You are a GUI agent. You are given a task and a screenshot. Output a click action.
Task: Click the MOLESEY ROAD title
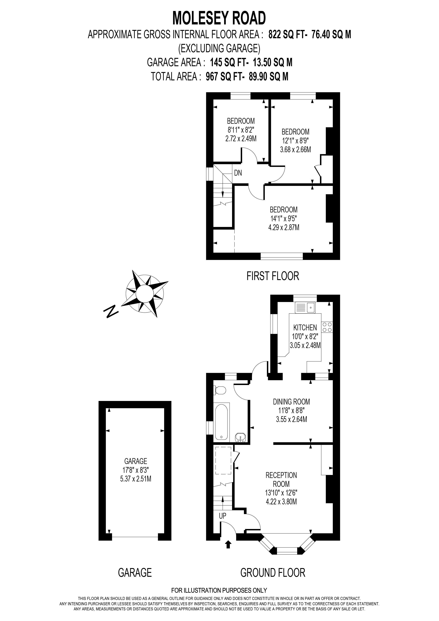pyautogui.click(x=219, y=18)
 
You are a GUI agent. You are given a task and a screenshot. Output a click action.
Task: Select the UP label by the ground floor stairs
pyautogui.click(x=223, y=516)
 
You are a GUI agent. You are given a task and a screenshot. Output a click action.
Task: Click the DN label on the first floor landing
pyautogui.click(x=238, y=173)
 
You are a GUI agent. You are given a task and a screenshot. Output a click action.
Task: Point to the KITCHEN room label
pyautogui.click(x=305, y=327)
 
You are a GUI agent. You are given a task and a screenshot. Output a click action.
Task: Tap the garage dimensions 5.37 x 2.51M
pyautogui.click(x=135, y=479)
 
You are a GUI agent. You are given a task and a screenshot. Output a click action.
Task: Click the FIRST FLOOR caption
pyautogui.click(x=273, y=276)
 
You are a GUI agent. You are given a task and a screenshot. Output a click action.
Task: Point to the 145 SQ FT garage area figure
pyautogui.click(x=229, y=62)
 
